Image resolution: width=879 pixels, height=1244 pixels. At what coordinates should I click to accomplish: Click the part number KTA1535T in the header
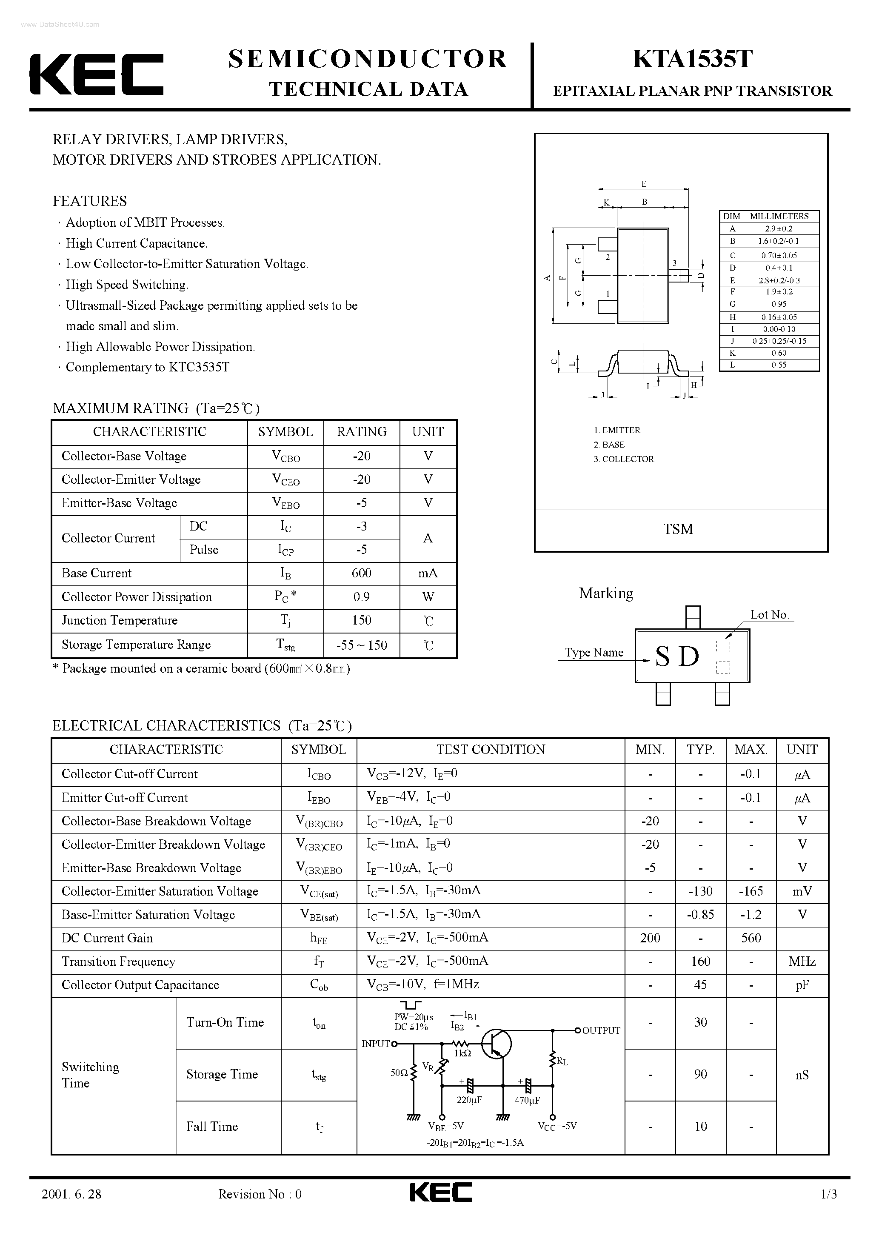(693, 59)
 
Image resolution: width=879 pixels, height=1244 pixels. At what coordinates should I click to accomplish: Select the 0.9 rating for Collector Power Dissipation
(362, 597)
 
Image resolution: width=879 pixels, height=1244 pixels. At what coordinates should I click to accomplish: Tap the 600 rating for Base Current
(362, 573)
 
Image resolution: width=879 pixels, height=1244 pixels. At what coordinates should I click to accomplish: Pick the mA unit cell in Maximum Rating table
(428, 573)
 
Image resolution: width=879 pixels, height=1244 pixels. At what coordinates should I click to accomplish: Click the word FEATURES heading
(89, 201)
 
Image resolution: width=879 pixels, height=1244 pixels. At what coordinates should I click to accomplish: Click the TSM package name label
(678, 529)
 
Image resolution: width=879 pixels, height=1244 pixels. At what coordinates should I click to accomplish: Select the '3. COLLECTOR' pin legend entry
(624, 459)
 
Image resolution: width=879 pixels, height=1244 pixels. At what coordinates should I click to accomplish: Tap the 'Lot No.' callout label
(769, 614)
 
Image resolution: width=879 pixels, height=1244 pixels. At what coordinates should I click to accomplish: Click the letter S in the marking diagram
(662, 657)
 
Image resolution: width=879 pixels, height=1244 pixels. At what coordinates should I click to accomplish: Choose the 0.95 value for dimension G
(779, 304)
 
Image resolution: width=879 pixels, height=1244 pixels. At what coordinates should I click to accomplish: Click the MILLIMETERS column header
(779, 216)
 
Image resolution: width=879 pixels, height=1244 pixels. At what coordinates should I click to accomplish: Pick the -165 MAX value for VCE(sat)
(751, 891)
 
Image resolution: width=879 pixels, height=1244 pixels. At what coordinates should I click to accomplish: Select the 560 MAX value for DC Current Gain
(751, 938)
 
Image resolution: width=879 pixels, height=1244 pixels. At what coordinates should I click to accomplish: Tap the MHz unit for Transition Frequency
(802, 962)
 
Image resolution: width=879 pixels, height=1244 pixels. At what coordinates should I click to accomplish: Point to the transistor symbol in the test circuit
(495, 1044)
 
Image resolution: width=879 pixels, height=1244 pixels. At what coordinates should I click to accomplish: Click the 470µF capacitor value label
(527, 1101)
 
